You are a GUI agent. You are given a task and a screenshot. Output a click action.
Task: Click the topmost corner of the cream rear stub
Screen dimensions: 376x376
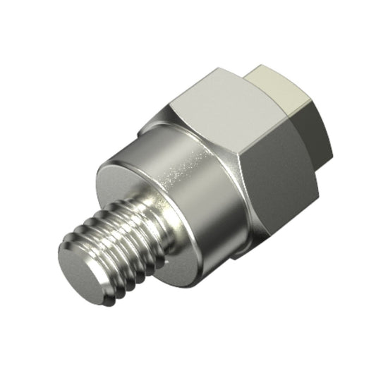[260, 65]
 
